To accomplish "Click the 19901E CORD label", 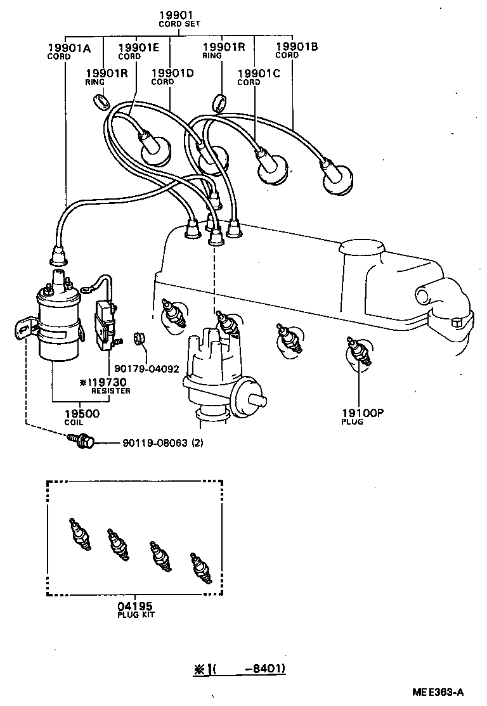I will coord(138,51).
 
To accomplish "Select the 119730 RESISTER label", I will coord(104,385).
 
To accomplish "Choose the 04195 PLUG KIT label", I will coord(136,610).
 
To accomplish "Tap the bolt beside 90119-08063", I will coord(82,442).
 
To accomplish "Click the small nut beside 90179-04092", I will coord(140,339).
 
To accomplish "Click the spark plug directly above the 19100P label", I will coord(357,352).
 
